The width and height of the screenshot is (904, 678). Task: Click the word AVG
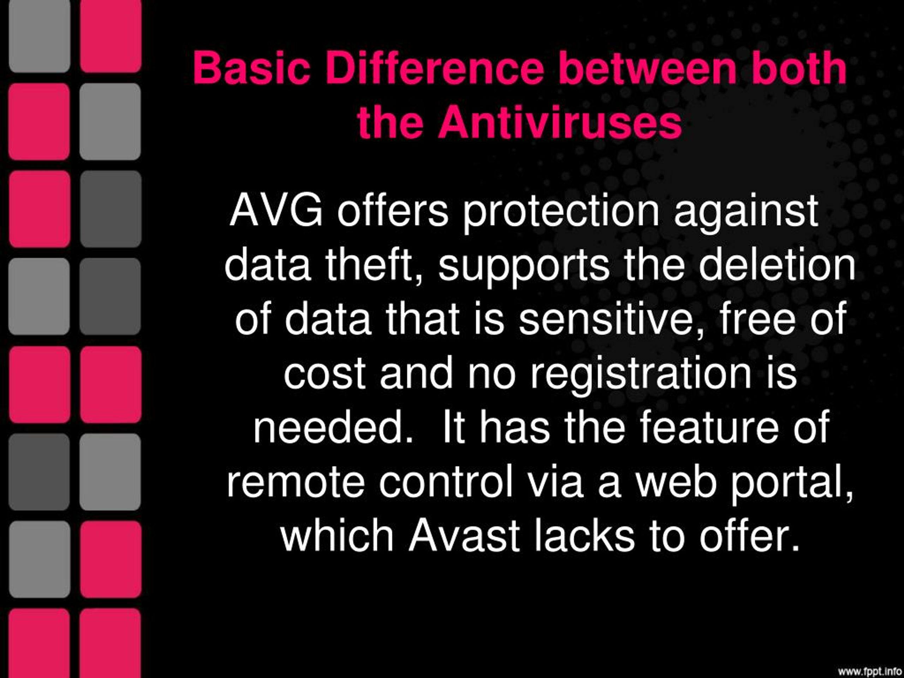click(276, 211)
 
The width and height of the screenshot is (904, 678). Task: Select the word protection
click(561, 215)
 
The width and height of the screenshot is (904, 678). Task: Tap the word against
click(746, 215)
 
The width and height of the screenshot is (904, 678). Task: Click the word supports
click(524, 270)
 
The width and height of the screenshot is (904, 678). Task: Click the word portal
click(792, 485)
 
